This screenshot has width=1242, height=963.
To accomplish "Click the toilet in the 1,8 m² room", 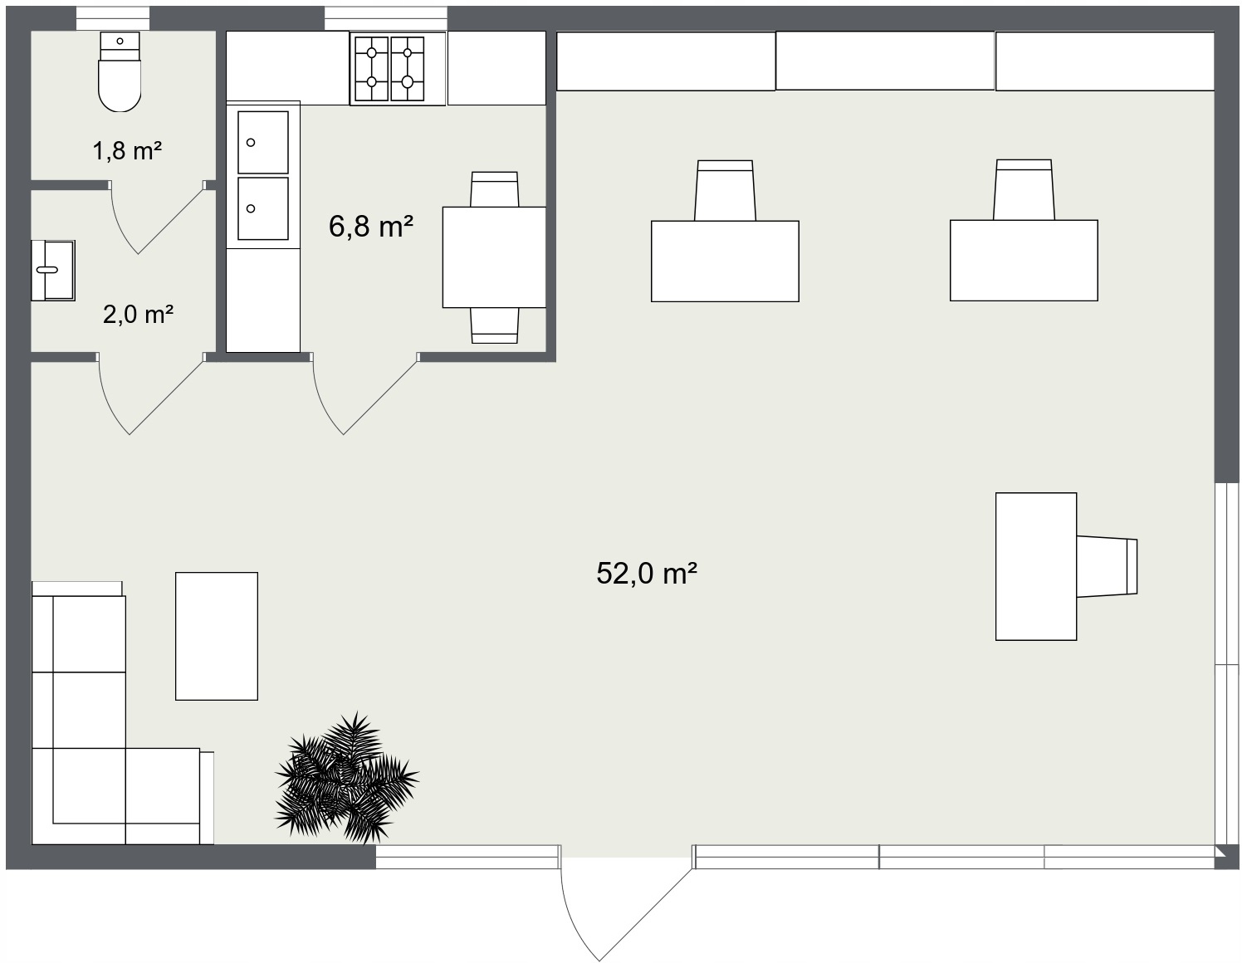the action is tap(120, 71).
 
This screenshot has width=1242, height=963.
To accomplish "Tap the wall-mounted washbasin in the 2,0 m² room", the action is tap(53, 271).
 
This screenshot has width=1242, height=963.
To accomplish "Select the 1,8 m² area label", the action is tap(127, 151).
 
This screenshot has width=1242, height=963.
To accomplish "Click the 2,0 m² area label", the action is tap(138, 315).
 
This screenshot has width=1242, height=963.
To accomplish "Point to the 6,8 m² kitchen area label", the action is tap(370, 227).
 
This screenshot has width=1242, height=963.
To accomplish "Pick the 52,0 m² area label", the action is tap(647, 573).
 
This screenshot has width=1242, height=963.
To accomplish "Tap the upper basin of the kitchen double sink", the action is tap(263, 142).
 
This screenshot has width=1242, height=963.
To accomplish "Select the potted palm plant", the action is tap(346, 778).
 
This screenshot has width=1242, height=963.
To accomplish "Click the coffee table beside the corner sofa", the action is tap(217, 636).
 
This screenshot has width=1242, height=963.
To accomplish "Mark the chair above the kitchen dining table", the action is tap(495, 189).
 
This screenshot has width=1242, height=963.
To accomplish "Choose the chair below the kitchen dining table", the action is tap(495, 325).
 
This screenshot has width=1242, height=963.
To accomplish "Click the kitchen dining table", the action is tap(495, 257).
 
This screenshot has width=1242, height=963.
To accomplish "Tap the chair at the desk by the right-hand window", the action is tap(1107, 566).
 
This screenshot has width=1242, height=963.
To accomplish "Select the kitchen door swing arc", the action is tap(364, 394).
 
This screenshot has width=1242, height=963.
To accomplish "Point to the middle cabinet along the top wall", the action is tap(885, 61).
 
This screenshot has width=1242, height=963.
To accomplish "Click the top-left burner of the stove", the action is tap(371, 52).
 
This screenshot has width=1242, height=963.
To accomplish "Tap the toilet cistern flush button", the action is tap(120, 42).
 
